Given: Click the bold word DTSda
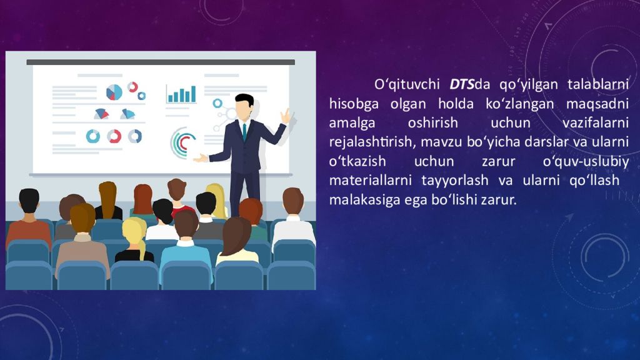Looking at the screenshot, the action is pos(469,84).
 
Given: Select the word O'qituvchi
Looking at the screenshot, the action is pos(407,85).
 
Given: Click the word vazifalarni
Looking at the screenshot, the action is pos(596,123).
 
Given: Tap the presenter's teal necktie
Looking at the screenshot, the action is pos(244,132).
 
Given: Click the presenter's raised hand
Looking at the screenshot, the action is pos(285,116).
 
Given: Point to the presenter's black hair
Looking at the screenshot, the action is pos(244,100).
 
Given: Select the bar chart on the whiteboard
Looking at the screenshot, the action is pos(181,94).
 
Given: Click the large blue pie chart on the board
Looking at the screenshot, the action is pos(114,92).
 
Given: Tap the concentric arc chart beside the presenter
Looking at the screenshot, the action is pos(182,142).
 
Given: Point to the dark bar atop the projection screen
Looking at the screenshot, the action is pos(161,62).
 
